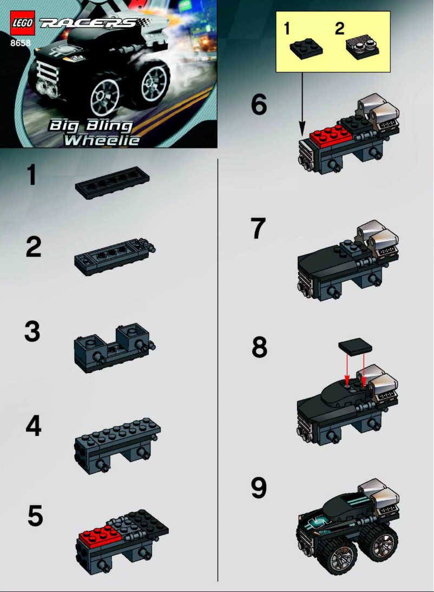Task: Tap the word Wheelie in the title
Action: (x=101, y=140)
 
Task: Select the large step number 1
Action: (x=32, y=175)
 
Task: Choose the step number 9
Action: (x=259, y=488)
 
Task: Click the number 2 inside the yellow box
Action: (x=339, y=29)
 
